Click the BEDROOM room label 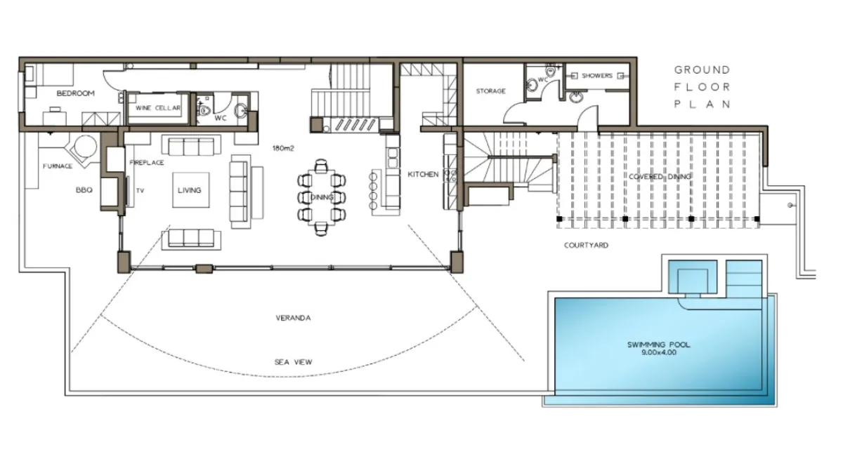click(76, 93)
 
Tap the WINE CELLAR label click(158, 108)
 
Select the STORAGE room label click(491, 91)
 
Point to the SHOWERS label click(597, 76)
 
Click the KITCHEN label click(423, 175)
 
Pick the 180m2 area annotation click(283, 148)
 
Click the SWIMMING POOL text click(659, 345)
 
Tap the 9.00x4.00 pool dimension click(659, 353)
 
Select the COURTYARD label click(586, 246)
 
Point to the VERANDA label click(293, 318)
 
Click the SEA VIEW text click(293, 362)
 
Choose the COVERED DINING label click(660, 177)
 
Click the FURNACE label click(58, 166)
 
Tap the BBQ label click(84, 190)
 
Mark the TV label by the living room click(140, 191)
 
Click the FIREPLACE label click(147, 163)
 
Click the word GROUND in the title click(702, 70)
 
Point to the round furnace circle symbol click(86, 147)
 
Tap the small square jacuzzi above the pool click(693, 277)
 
